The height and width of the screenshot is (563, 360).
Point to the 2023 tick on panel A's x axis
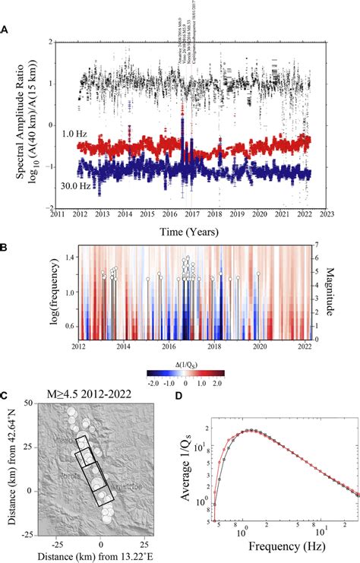tap(327, 215)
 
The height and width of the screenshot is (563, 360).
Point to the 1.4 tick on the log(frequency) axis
tap(70, 258)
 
